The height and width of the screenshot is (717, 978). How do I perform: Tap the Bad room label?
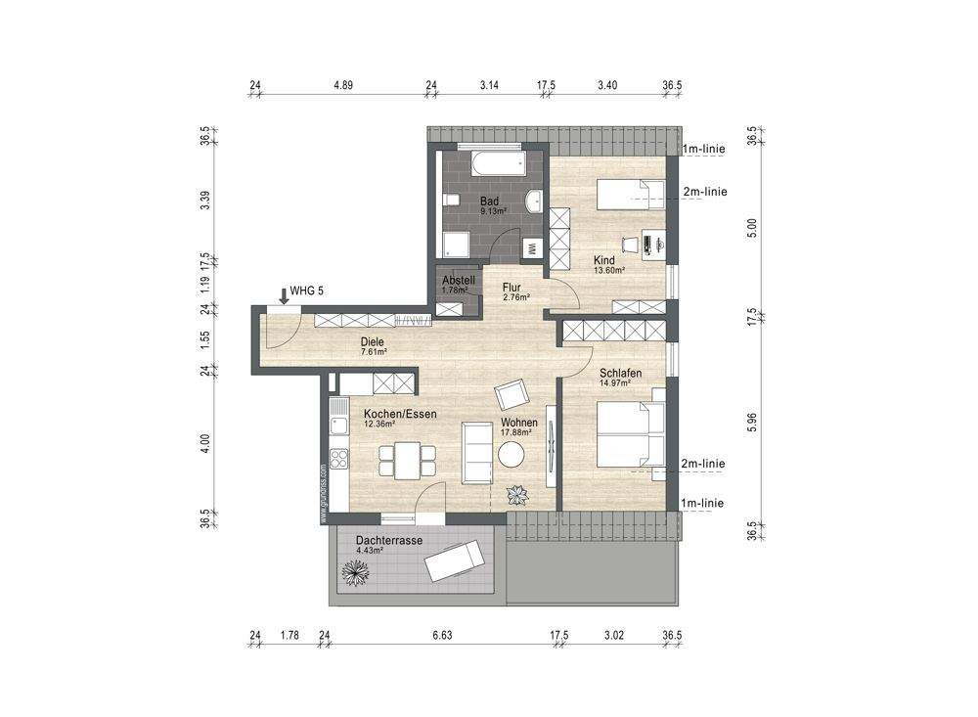pyautogui.click(x=489, y=202)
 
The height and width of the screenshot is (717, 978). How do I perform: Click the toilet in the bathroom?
pyautogui.click(x=451, y=201)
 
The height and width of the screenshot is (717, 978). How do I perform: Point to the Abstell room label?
pyautogui.click(x=458, y=280)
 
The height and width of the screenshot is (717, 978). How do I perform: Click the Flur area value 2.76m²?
pyautogui.click(x=515, y=297)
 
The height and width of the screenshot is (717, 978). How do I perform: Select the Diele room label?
pyautogui.click(x=373, y=341)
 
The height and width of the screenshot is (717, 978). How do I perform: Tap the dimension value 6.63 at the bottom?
pyautogui.click(x=441, y=636)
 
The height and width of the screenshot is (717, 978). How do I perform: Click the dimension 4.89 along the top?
pyautogui.click(x=342, y=86)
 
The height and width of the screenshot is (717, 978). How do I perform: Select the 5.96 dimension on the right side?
pyautogui.click(x=751, y=421)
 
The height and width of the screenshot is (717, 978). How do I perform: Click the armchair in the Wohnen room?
pyautogui.click(x=511, y=395)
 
